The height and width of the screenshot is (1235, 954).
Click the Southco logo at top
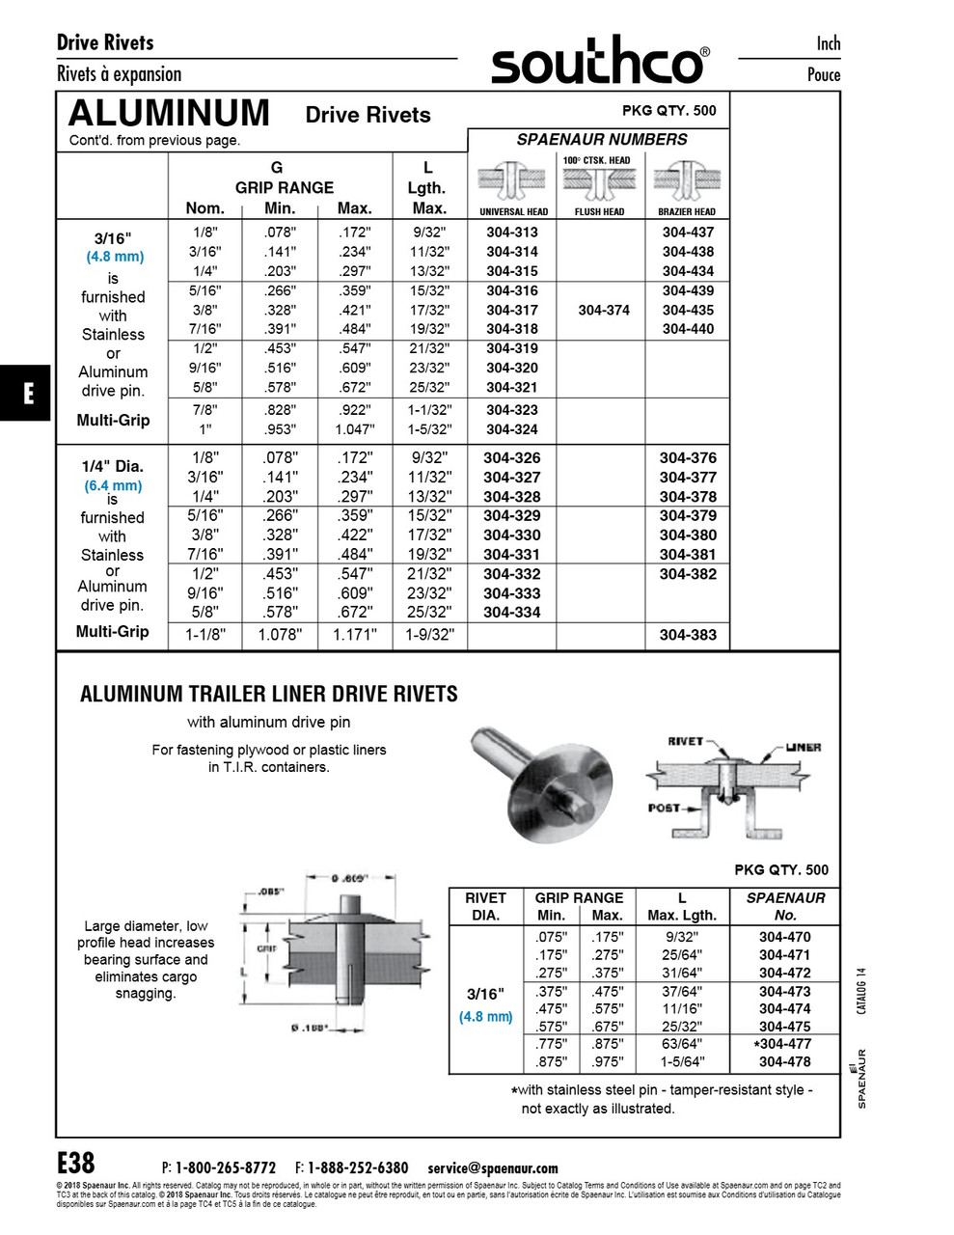pos(598,61)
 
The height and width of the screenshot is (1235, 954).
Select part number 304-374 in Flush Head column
pos(604,310)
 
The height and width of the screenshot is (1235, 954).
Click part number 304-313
pos(512,233)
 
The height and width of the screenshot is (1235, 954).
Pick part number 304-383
pos(688,635)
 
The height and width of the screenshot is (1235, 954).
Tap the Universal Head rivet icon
pos(512,180)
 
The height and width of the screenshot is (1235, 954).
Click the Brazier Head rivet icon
pos(687,180)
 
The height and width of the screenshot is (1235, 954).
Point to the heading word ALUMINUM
pos(170,114)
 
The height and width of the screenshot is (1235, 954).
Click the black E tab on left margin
pos(27,393)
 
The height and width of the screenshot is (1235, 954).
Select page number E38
pos(76,1162)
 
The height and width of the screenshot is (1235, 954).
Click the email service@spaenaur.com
pos(492,1167)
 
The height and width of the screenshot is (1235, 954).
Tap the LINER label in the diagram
pos(803,748)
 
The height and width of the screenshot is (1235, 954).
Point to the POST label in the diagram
pos(664,808)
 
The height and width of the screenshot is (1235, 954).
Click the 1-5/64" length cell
pos(682,1062)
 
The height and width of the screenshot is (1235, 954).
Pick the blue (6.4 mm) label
pos(113,485)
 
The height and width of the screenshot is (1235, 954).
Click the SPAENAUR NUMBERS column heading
pos(602,139)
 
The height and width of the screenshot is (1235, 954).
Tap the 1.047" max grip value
pos(355,429)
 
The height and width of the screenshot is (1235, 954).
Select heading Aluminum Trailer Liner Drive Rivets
pos(269,694)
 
